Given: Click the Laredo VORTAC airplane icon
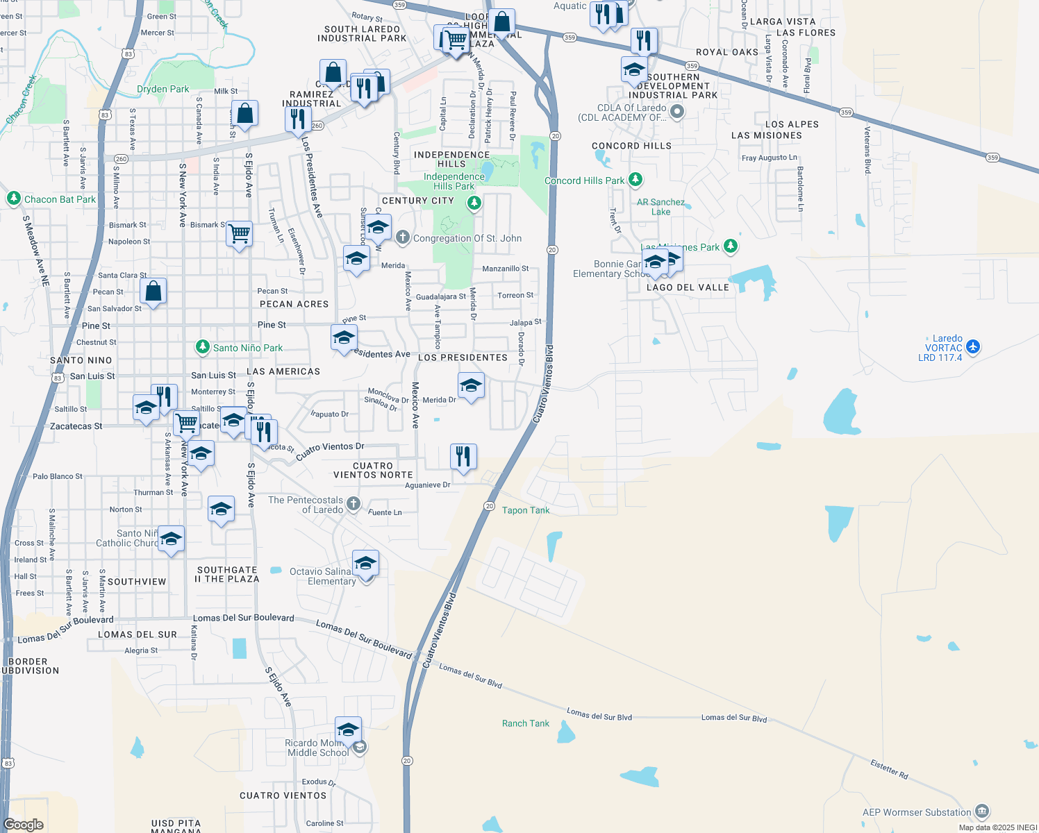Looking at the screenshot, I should tap(973, 346).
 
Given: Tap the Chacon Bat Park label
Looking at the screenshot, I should tap(60, 199).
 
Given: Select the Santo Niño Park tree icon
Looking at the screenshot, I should tap(202, 347).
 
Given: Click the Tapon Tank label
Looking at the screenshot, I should tap(525, 510).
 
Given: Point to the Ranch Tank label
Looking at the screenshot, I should tap(525, 723).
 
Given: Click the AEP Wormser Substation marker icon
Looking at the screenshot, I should tap(982, 811).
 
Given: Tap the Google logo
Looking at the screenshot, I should tap(24, 824).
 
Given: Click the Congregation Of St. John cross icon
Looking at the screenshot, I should tap(403, 237).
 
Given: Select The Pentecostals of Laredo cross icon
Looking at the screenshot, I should tap(354, 504).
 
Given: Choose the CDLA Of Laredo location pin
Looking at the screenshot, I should tap(677, 111).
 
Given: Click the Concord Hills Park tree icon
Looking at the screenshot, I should tap(635, 180).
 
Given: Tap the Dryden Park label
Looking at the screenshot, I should tap(163, 89).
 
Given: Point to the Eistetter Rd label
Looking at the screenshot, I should tap(889, 768).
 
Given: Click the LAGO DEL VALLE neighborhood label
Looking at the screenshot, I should tap(688, 287).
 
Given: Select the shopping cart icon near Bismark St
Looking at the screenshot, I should tap(239, 234).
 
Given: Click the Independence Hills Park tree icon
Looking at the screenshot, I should tap(474, 203).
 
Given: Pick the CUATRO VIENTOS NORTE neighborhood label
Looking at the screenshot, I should tap(373, 471).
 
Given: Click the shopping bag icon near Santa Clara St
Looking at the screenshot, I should tap(153, 291).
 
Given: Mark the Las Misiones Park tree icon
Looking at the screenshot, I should tap(730, 246).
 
